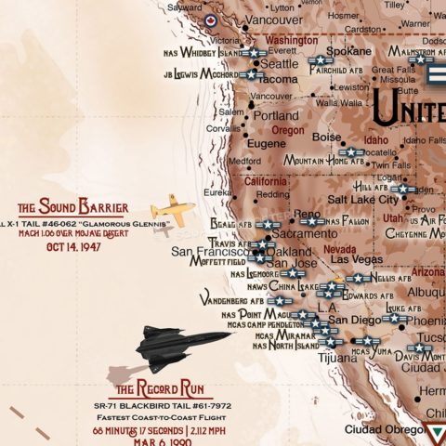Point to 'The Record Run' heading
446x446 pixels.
[160, 387]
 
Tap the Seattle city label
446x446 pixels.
[280, 64]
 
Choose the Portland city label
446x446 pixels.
[277, 116]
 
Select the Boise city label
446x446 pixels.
[327, 138]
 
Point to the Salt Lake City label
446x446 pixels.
[362, 199]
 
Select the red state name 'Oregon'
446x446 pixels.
[288, 131]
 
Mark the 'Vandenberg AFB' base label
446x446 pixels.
[231, 301]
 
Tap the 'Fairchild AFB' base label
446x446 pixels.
[341, 70]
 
